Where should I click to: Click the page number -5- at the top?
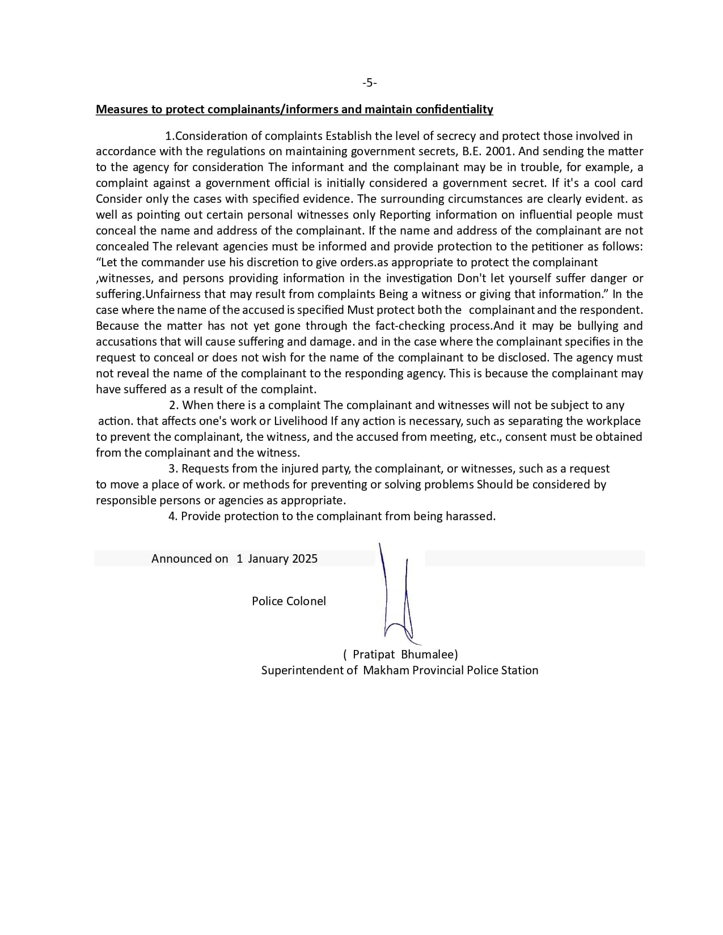pyautogui.click(x=369, y=83)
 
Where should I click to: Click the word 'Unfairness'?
pyautogui.click(x=174, y=294)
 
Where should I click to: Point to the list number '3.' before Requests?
pyautogui.click(x=174, y=469)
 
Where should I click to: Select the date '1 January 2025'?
pyautogui.click(x=277, y=559)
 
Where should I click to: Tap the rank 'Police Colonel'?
pyautogui.click(x=289, y=601)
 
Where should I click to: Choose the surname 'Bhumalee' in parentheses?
pyautogui.click(x=428, y=654)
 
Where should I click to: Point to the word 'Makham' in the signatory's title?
pyautogui.click(x=386, y=670)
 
